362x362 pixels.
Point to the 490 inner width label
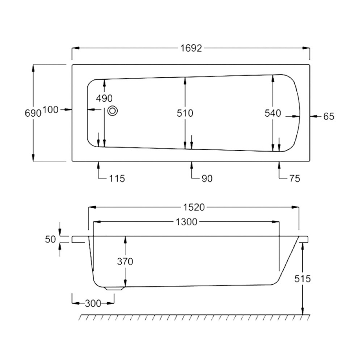[103, 98]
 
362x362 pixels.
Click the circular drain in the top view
[113, 110]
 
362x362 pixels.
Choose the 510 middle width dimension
[185, 113]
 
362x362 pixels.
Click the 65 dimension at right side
[329, 116]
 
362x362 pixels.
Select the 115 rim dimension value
[117, 178]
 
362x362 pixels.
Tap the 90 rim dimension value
[206, 178]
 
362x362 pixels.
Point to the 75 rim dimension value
[294, 178]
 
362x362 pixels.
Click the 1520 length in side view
[194, 207]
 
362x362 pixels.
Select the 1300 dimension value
[186, 222]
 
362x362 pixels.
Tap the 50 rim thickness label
[51, 239]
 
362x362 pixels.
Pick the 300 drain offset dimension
[92, 303]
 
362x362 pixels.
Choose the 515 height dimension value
[302, 279]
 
